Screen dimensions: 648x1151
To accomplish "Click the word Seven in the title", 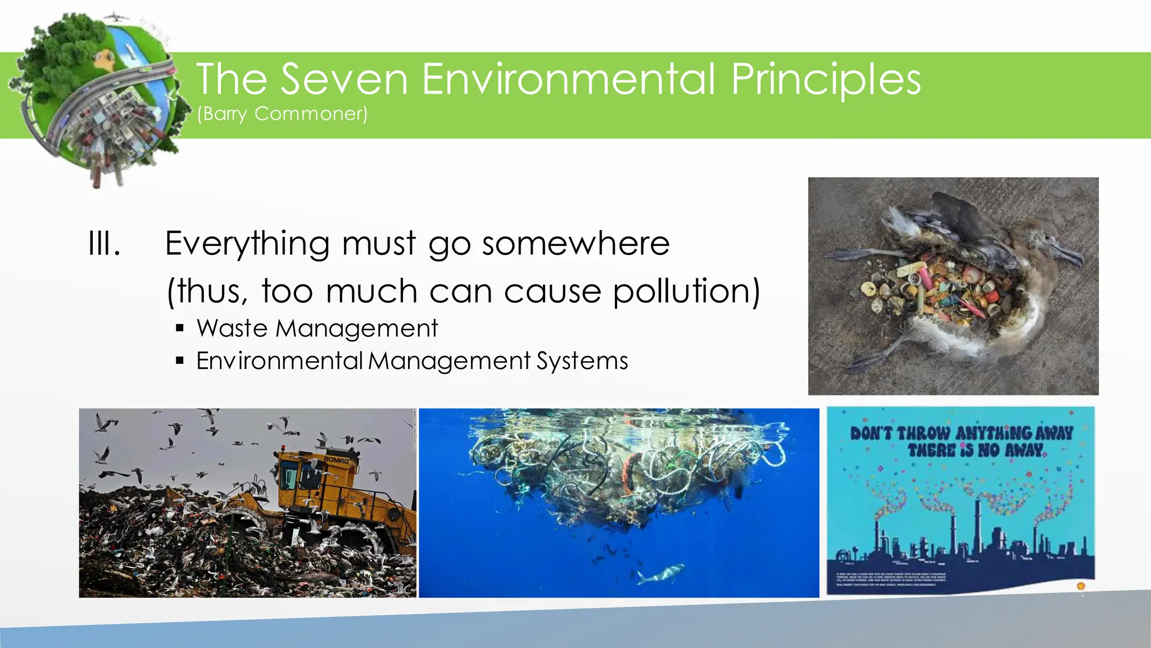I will (x=344, y=79).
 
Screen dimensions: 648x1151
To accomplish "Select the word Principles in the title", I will (x=826, y=79).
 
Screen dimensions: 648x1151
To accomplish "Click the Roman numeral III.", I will (x=105, y=244).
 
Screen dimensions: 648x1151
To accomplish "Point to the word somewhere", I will (x=575, y=244).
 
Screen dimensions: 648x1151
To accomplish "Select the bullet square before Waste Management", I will (x=180, y=328).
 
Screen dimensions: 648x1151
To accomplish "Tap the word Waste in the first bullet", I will (x=233, y=328).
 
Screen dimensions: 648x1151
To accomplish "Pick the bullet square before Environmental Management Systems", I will (x=180, y=361).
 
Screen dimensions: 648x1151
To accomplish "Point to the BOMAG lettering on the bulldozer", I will (x=336, y=460).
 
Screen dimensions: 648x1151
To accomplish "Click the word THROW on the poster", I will (x=924, y=434).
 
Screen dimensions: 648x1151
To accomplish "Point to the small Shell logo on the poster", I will (x=1080, y=586).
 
